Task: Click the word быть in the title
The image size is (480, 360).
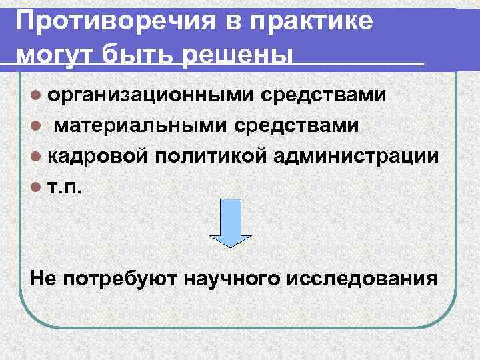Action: point(139,54)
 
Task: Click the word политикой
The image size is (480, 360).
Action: point(205,156)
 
